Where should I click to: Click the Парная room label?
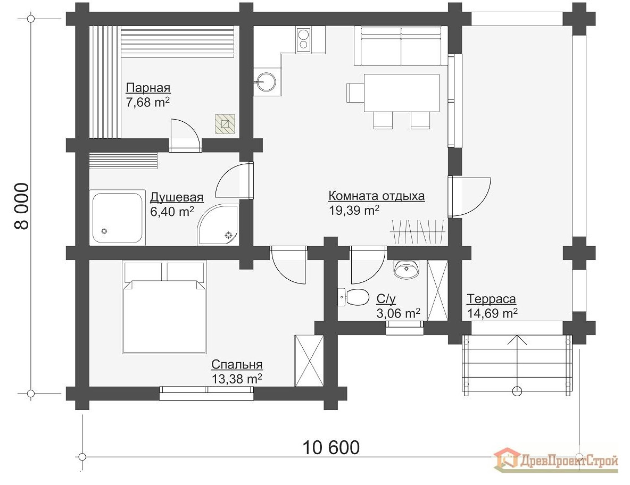click(148, 88)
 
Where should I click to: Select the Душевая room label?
click(177, 197)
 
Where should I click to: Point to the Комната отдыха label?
click(376, 196)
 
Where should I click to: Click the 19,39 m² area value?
click(354, 210)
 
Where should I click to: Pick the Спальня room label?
click(237, 365)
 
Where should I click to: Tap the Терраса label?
click(491, 299)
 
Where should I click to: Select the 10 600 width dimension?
click(331, 447)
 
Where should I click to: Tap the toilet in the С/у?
click(354, 297)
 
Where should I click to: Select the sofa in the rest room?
click(400, 46)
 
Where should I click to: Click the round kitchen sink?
click(266, 82)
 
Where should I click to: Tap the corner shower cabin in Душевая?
click(219, 225)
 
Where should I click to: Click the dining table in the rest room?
click(401, 93)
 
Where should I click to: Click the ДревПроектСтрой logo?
click(556, 459)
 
